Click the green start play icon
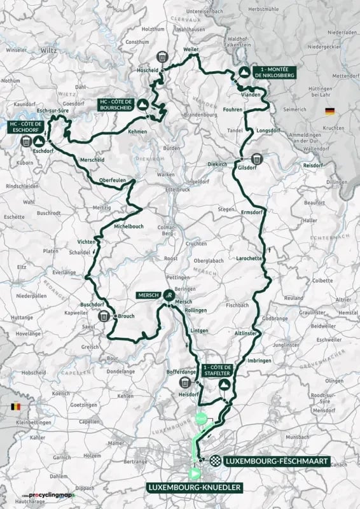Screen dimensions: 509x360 click(193, 473)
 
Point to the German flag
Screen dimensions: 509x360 click(329, 111)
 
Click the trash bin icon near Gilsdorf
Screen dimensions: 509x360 click(257, 159)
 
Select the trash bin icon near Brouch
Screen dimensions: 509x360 click(104, 316)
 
